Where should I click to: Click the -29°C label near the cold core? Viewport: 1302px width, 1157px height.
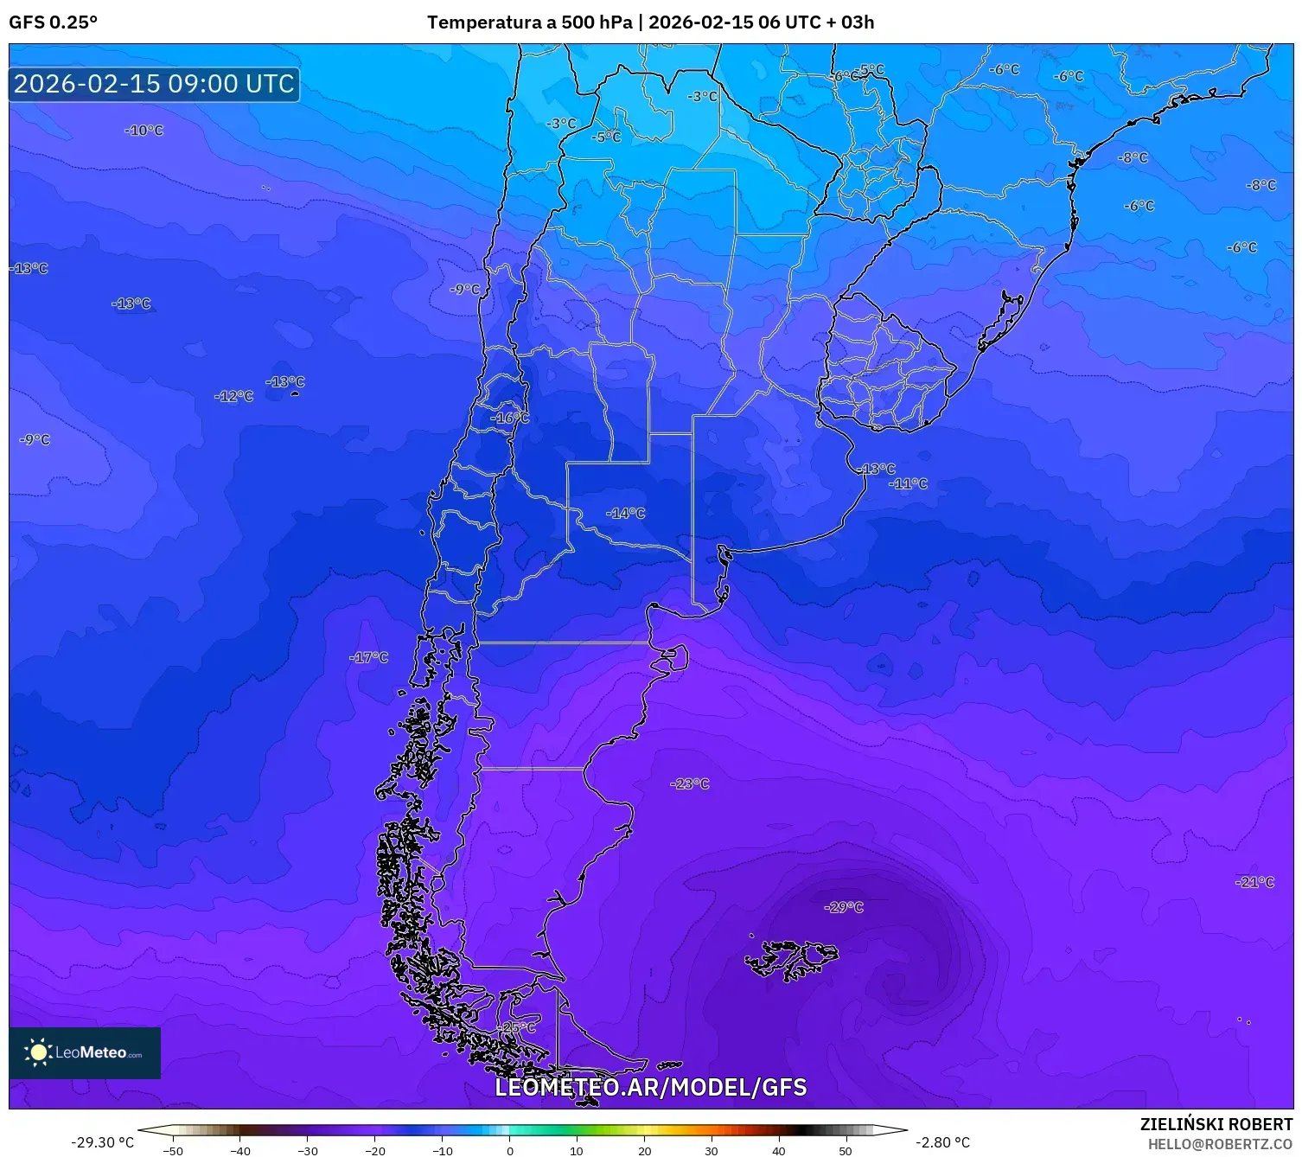tap(844, 907)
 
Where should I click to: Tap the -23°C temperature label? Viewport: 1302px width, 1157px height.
tap(689, 783)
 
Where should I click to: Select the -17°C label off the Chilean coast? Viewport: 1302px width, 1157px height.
tap(369, 657)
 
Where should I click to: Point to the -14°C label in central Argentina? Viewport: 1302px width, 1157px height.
tap(626, 513)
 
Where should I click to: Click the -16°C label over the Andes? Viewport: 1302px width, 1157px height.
tap(510, 418)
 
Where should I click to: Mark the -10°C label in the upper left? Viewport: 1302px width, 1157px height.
tap(144, 131)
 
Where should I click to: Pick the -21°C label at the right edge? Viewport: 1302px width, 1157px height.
tap(1255, 882)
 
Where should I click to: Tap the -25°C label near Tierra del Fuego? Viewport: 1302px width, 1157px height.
tap(517, 1027)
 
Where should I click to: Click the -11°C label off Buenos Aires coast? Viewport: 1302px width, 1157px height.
tap(908, 483)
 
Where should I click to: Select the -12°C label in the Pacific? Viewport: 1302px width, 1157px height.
tap(234, 396)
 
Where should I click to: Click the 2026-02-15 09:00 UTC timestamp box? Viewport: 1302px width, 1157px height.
tap(154, 84)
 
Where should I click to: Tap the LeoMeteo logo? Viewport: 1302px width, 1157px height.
tap(85, 1052)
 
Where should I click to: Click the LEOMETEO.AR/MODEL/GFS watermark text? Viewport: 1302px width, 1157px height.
tap(650, 1087)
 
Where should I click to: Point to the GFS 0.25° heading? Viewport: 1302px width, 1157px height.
tap(54, 22)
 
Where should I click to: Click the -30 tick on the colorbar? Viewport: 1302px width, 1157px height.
tap(308, 1150)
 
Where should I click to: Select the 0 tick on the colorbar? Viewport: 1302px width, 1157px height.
tap(509, 1150)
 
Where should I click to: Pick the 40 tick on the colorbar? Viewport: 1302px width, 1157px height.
tap(778, 1150)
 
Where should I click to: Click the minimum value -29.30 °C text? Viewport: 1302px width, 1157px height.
tap(102, 1142)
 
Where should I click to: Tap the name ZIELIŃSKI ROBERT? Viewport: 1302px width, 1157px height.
tap(1216, 1124)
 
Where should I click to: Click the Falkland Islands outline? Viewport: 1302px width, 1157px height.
tap(791, 960)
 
